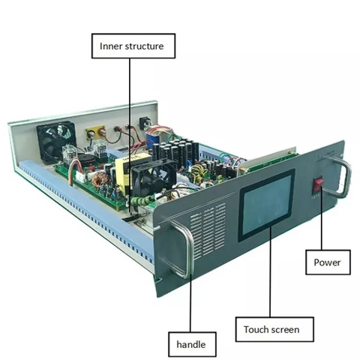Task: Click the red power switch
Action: click(319, 185)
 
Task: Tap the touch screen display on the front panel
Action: click(267, 205)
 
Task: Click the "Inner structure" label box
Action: click(133, 46)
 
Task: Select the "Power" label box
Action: click(328, 262)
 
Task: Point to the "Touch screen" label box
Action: click(274, 329)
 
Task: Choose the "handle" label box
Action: click(192, 344)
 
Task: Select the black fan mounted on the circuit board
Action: click(154, 177)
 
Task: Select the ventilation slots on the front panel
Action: click(208, 230)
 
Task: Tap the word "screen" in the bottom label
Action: click(285, 330)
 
